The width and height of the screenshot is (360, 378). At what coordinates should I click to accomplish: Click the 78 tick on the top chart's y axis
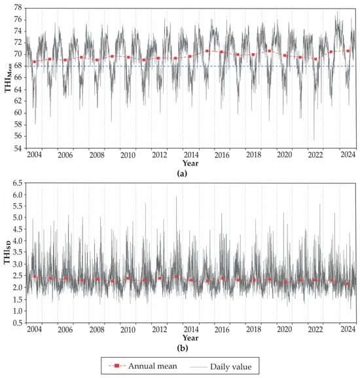17,8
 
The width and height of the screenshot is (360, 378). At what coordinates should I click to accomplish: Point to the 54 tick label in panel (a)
17,148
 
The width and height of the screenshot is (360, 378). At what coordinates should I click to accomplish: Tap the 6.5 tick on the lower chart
17,183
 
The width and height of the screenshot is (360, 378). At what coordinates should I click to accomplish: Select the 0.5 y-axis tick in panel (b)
17,322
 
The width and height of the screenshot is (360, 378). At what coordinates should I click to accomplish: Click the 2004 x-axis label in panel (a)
35,155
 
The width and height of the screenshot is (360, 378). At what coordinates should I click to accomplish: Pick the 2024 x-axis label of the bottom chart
348,329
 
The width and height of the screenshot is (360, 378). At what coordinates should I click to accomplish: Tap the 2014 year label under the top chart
191,155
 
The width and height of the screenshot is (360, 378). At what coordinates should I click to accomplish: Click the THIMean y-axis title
9,77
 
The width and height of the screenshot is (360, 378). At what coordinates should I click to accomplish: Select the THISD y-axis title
7,252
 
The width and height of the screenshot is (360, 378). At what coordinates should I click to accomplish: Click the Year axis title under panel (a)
190,163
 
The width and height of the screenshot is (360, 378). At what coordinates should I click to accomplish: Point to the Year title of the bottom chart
190,338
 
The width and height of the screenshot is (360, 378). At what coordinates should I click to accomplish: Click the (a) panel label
182,174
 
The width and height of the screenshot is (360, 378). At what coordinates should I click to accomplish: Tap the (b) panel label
182,348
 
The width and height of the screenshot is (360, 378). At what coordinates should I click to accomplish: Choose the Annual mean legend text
153,366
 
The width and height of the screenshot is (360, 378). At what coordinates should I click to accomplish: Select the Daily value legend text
230,367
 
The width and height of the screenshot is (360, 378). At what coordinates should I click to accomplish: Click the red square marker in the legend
117,366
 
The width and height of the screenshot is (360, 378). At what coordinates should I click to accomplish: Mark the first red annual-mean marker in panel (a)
35,62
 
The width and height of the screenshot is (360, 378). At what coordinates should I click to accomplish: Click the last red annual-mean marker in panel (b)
348,284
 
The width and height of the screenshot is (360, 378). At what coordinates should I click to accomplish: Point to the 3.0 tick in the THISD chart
17,264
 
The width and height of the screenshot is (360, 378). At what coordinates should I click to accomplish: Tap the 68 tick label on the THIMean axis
17,66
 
